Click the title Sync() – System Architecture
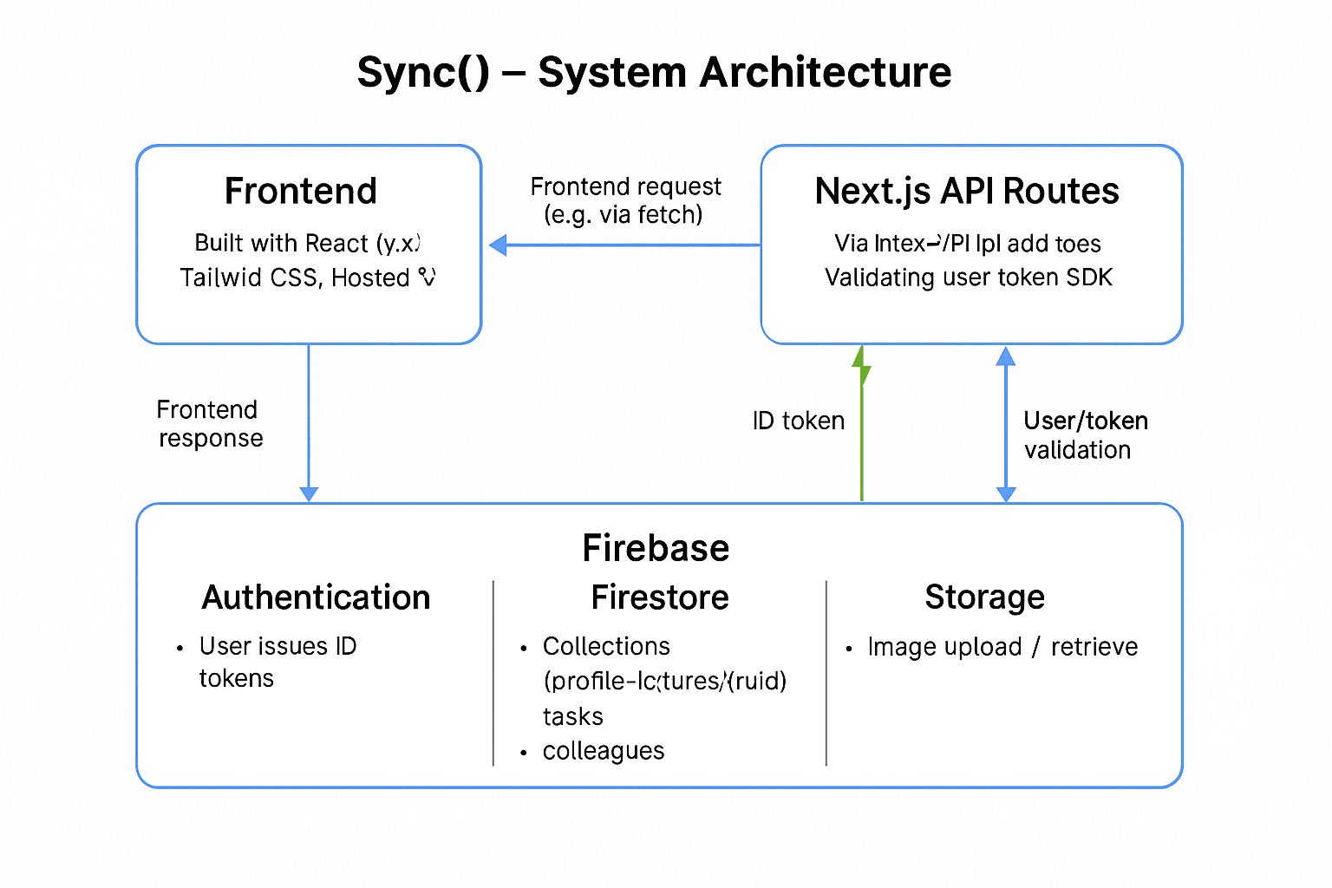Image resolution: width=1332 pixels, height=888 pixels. tap(654, 72)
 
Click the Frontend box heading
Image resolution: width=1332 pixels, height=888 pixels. tap(300, 191)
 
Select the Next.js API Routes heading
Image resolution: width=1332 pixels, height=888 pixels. tap(967, 191)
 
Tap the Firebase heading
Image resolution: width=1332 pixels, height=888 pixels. tap(656, 548)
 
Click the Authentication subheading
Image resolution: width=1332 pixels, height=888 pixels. tap(316, 597)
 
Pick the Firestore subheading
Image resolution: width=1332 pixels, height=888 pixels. tap(659, 597)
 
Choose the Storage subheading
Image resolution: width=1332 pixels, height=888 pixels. tap(984, 597)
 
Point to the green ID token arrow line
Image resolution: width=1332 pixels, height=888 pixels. tap(861, 434)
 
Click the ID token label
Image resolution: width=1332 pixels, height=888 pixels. tap(798, 421)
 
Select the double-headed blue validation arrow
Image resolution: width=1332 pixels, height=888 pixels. tap(1006, 425)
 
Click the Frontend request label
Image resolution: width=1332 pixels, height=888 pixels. tap(624, 200)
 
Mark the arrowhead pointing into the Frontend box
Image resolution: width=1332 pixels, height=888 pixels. tap(498, 245)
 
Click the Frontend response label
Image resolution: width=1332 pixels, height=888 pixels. tap(209, 423)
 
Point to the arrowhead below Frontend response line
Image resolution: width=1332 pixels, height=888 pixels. tap(309, 494)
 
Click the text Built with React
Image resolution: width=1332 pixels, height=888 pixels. tap(282, 243)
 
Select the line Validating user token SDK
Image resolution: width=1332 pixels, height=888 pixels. tap(968, 277)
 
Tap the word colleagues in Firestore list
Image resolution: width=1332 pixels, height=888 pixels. tap(604, 751)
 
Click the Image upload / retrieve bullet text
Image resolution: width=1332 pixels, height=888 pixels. tap(1002, 647)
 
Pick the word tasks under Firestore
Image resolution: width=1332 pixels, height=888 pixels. tap(572, 716)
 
